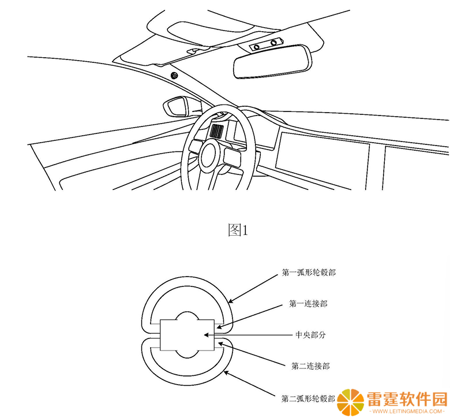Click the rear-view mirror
click(x=273, y=61)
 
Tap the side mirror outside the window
click(x=175, y=106)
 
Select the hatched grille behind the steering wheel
click(x=216, y=131)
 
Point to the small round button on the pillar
click(x=174, y=76)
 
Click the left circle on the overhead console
click(x=257, y=47)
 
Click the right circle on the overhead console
click(x=273, y=43)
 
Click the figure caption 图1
click(x=238, y=230)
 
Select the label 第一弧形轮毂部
click(x=309, y=273)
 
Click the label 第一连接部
click(x=308, y=303)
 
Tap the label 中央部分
click(x=311, y=335)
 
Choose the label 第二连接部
click(x=310, y=366)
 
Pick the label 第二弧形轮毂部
click(x=308, y=399)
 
